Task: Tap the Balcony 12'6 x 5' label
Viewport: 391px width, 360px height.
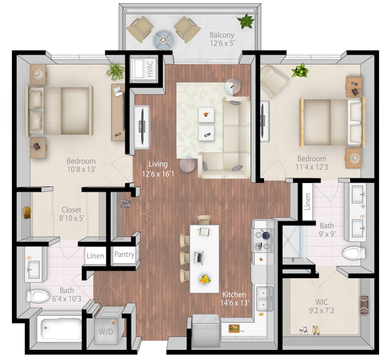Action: pos(222,39)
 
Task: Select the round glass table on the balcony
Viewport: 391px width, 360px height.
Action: pos(163,39)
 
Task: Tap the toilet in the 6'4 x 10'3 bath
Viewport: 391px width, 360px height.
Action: pos(37,296)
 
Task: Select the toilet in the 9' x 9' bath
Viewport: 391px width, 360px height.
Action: pos(354,253)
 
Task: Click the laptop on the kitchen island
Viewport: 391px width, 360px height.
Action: pos(199,257)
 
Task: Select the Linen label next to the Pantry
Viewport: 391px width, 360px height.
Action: pos(95,256)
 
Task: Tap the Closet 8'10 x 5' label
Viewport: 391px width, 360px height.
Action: pos(71,214)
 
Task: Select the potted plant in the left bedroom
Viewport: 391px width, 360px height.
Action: pos(115,71)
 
